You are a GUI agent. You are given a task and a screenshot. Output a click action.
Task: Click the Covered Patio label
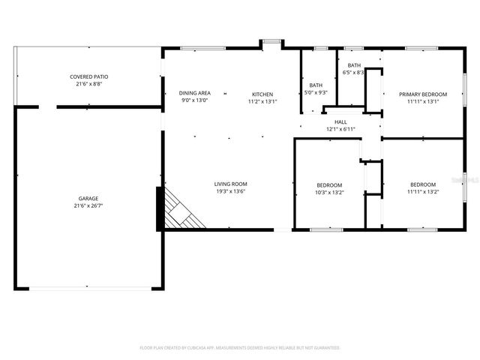[x=89, y=76]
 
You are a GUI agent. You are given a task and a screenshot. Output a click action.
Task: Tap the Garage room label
[x=88, y=199]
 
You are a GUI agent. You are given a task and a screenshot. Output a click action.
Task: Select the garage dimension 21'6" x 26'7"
[x=88, y=206]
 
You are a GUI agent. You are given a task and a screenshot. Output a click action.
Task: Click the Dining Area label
[x=195, y=93]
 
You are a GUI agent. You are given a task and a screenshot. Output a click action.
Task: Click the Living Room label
[x=230, y=184]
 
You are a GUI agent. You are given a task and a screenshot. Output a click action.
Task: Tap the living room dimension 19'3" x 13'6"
[x=230, y=191]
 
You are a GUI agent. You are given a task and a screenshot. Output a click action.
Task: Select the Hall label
[x=340, y=121]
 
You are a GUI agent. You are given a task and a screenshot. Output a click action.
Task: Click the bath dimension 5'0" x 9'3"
[x=316, y=92]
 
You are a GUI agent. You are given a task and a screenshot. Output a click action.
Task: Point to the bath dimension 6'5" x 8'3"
[x=353, y=73]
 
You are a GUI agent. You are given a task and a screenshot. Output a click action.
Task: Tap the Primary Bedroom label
[x=423, y=94]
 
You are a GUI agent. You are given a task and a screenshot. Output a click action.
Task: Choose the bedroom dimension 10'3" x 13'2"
[x=328, y=192]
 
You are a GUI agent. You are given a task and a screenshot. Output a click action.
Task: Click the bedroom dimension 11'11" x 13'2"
[x=423, y=192]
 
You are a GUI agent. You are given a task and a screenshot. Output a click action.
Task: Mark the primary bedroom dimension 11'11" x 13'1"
[x=423, y=101]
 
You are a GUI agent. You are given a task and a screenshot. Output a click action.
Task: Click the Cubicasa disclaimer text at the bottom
[x=240, y=348]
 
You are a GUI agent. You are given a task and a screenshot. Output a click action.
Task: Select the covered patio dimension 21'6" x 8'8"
[x=89, y=84]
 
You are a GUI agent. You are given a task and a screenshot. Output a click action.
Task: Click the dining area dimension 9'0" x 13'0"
[x=195, y=100]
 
